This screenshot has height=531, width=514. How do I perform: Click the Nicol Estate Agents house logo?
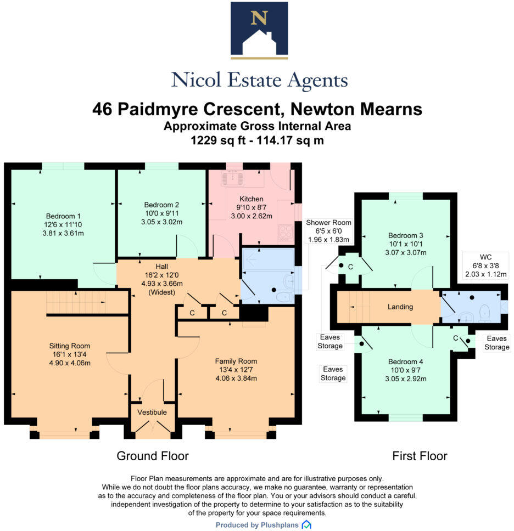pos(259,30)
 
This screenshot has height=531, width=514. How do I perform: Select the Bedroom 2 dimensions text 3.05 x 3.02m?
pos(159,222)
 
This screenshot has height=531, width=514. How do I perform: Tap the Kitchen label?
pos(252,199)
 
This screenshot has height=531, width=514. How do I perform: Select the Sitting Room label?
pos(69,346)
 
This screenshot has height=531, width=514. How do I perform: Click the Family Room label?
pos(236,361)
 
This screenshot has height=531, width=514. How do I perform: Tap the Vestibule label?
pos(152,412)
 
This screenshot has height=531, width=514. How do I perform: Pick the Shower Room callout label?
pos(328,222)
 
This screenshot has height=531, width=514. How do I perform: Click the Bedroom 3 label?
pos(405,235)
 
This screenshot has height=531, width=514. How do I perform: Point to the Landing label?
pos(400,307)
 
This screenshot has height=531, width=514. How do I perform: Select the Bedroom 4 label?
pos(406,361)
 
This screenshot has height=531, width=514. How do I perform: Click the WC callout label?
pos(485,256)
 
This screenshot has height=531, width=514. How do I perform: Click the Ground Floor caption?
pos(153,456)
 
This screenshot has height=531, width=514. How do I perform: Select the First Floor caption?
pos(420,456)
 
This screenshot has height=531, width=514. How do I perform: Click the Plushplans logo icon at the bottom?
pos(306,525)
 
